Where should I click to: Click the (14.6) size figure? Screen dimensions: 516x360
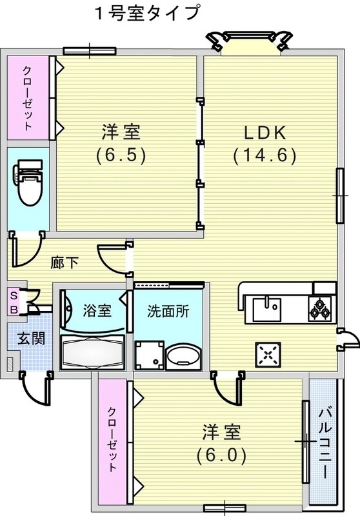[x=265, y=155]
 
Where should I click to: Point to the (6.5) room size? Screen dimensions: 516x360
[x=121, y=155]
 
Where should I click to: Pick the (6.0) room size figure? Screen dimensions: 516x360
[x=221, y=455]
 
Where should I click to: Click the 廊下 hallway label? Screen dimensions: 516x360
[x=65, y=262]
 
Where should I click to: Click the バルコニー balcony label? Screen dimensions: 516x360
[x=324, y=442]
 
